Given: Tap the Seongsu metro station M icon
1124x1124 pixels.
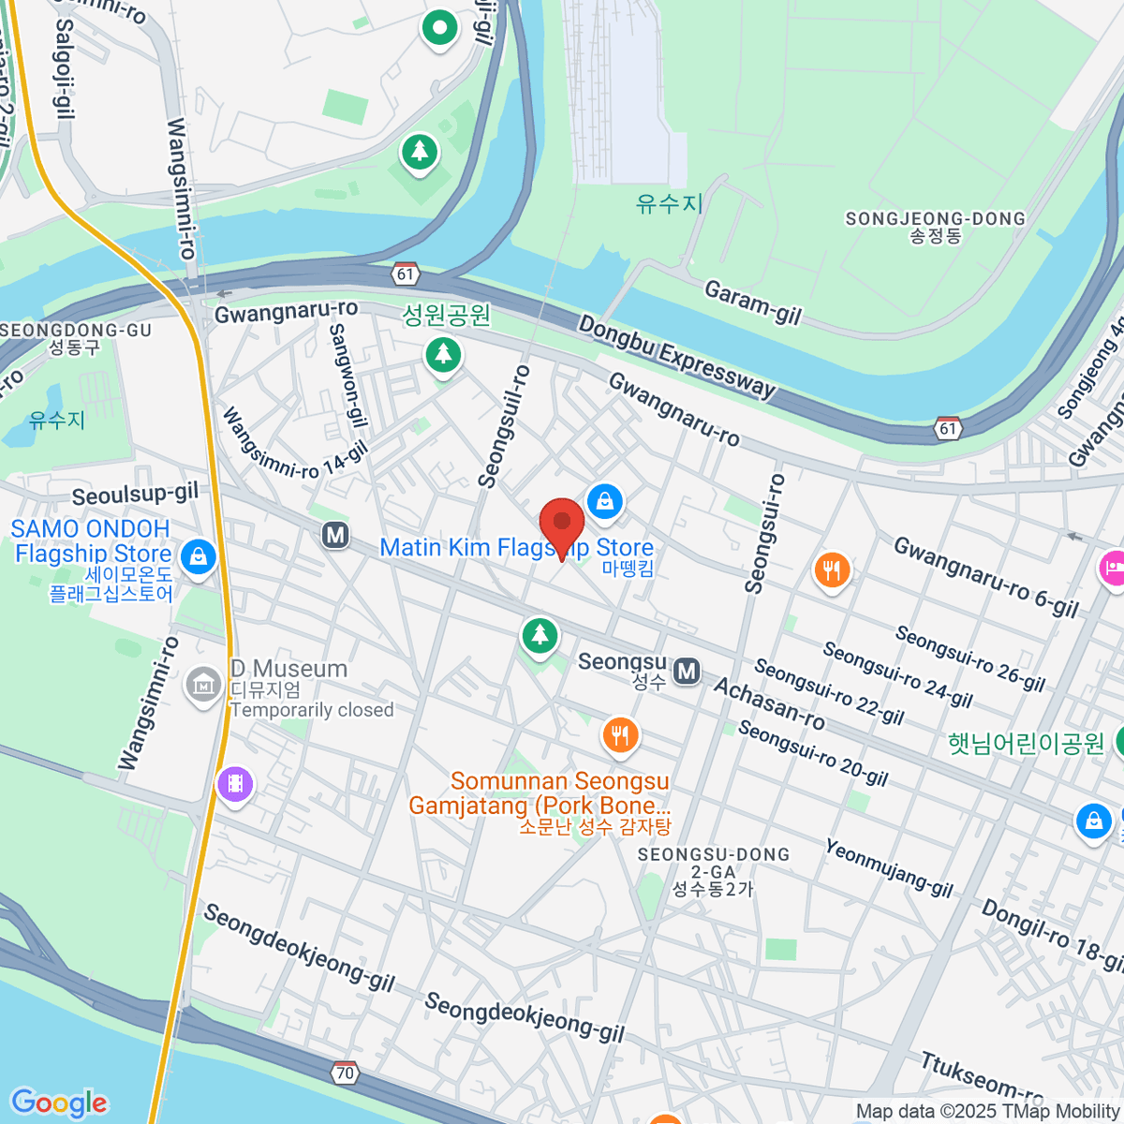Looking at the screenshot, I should [x=688, y=671].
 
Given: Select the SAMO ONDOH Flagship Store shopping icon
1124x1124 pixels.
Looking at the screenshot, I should [x=198, y=557].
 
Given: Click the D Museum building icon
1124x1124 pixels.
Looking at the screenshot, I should [x=203, y=686].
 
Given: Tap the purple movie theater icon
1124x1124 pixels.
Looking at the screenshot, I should [x=235, y=783].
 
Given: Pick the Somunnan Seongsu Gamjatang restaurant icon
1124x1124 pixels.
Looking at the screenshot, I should [x=619, y=735].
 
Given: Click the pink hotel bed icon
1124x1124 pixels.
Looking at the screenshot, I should [x=1112, y=568].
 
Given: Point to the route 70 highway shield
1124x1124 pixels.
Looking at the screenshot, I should [x=345, y=1073].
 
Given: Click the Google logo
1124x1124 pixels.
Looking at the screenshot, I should [x=59, y=1102].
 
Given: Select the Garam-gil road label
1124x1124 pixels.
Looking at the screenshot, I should [x=753, y=303].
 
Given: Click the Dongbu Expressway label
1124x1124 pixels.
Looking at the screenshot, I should [x=676, y=357].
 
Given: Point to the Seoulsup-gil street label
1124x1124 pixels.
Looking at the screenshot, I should [x=135, y=494].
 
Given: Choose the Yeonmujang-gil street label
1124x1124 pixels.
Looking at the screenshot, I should [x=889, y=868].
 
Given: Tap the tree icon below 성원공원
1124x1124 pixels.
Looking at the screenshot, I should [x=443, y=355].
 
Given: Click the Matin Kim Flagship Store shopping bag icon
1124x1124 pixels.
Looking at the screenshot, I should [x=605, y=501].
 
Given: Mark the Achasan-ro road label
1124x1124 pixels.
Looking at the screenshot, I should [x=768, y=703].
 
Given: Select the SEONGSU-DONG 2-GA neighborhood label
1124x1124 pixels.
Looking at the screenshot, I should [x=713, y=871].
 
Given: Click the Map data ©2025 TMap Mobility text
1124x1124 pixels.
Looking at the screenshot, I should [x=987, y=1112].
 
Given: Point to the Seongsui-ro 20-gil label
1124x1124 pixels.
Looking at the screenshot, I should [x=812, y=753].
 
